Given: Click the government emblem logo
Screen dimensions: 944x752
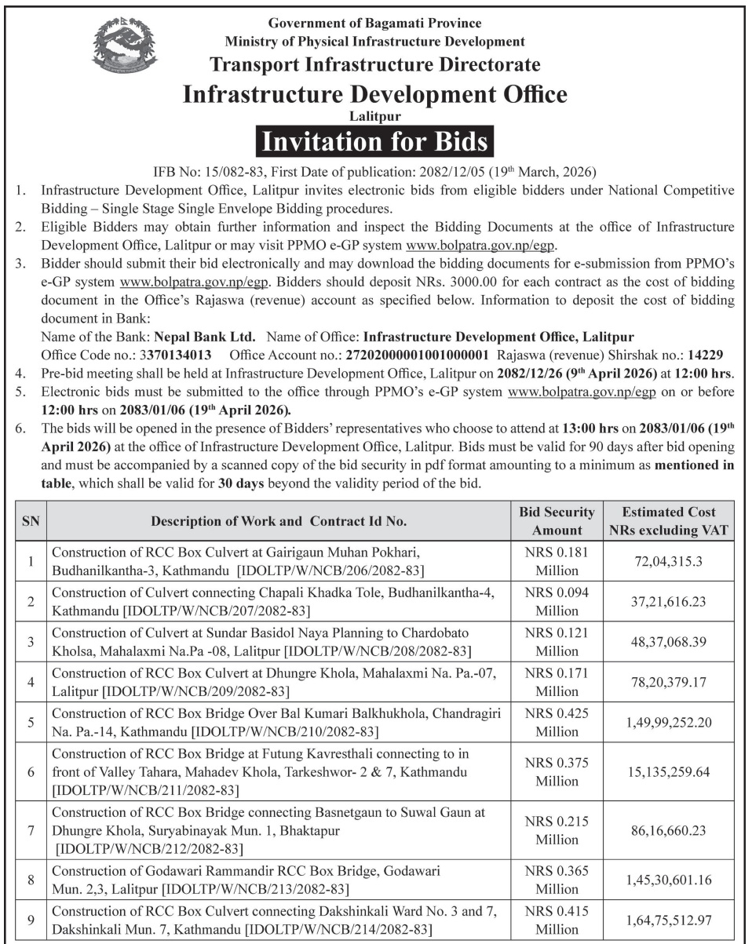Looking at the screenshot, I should coord(125,46).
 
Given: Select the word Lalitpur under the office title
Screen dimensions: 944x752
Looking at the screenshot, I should coord(374,116).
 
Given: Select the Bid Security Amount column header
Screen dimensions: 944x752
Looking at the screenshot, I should coord(557,520).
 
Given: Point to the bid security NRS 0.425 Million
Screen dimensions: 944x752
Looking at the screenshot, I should coord(557,721).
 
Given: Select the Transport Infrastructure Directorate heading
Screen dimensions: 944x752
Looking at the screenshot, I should coord(374,65).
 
